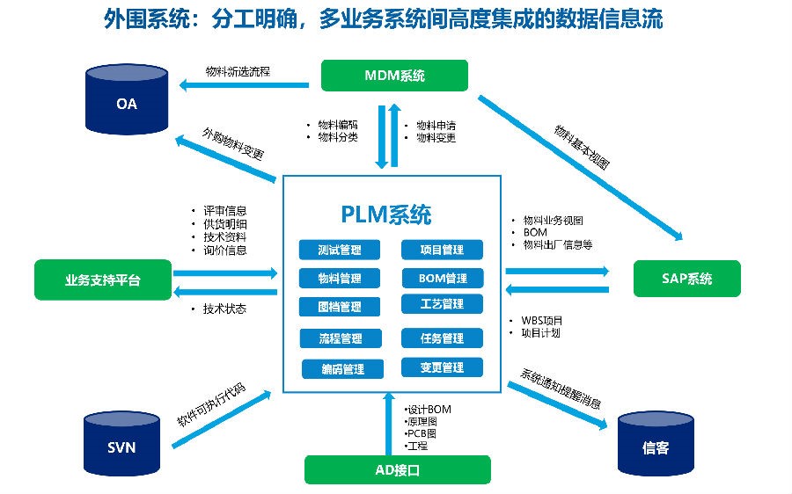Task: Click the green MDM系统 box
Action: coord(394,76)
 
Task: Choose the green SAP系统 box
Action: coord(686,280)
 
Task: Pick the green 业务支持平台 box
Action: coord(102,280)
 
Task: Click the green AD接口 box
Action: coord(397,470)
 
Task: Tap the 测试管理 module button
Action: coord(339,249)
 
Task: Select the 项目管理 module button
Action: coord(442,250)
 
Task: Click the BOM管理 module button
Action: coord(442,279)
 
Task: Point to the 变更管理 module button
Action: coord(442,367)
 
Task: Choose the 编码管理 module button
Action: coord(341,369)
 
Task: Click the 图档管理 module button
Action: coord(339,307)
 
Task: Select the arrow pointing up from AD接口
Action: coord(387,422)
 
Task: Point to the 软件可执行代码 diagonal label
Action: coord(211,403)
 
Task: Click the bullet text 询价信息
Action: coord(224,250)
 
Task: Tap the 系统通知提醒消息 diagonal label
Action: coord(561,390)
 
